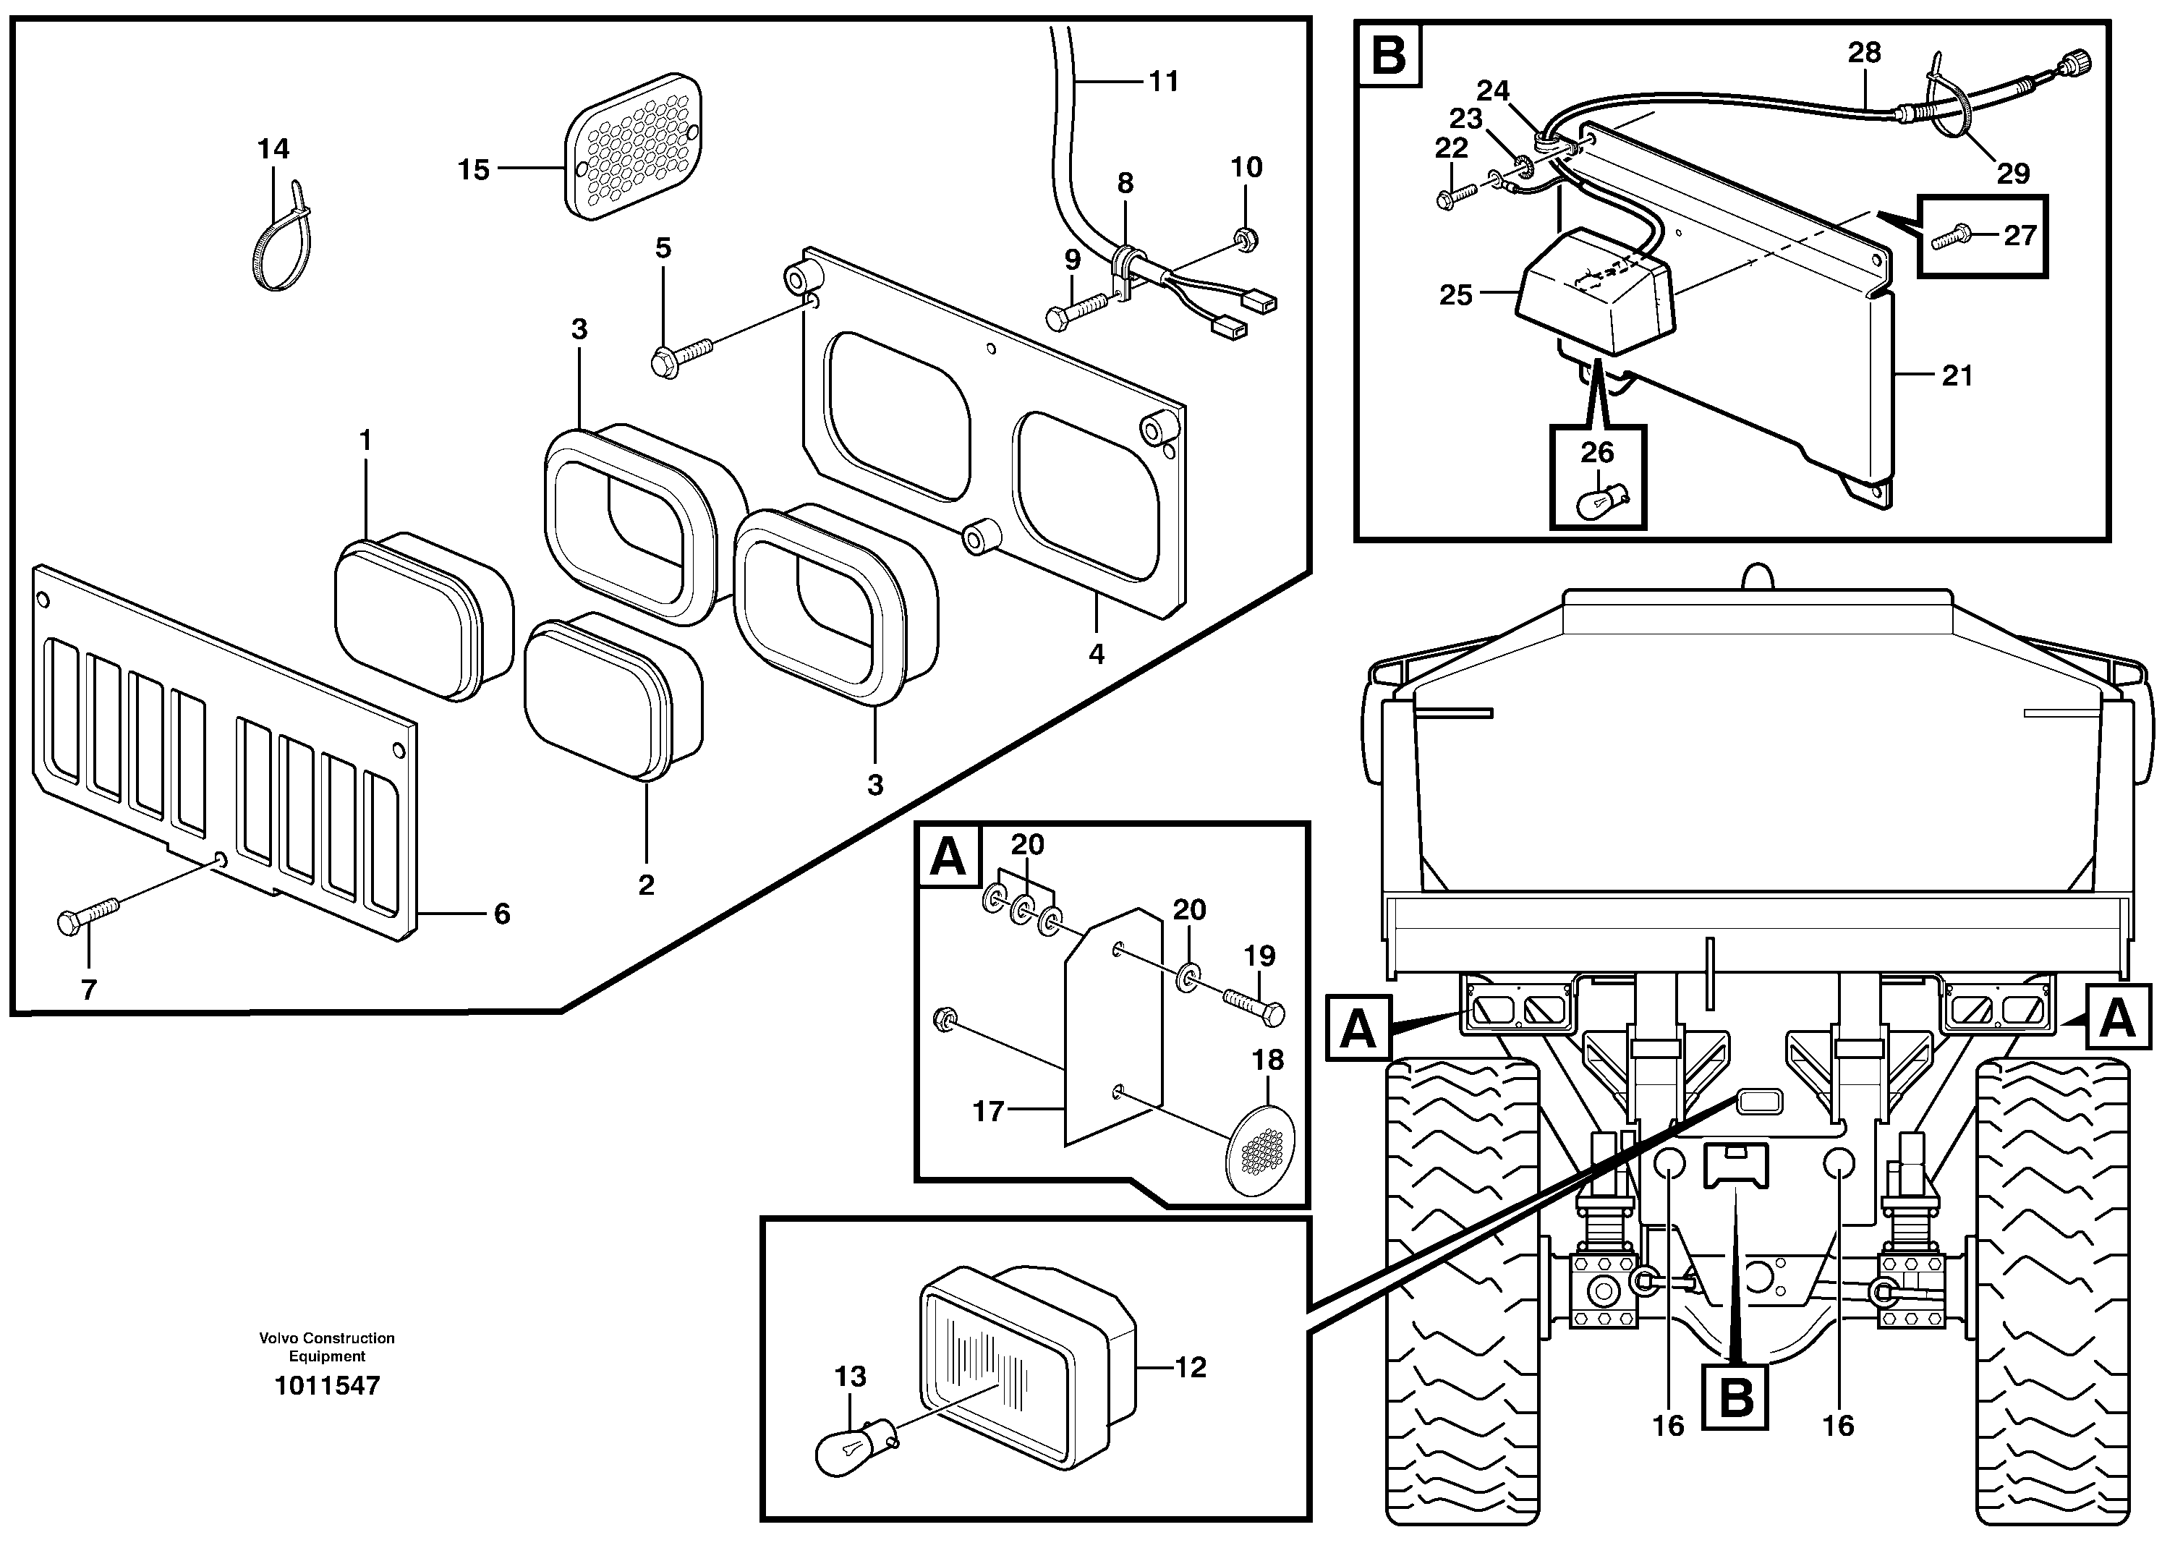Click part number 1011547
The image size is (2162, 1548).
pos(327,1385)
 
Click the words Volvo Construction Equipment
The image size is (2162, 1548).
pos(327,1347)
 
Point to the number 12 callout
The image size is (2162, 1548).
pos(1190,1367)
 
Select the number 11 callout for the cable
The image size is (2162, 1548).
pos(1164,81)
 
